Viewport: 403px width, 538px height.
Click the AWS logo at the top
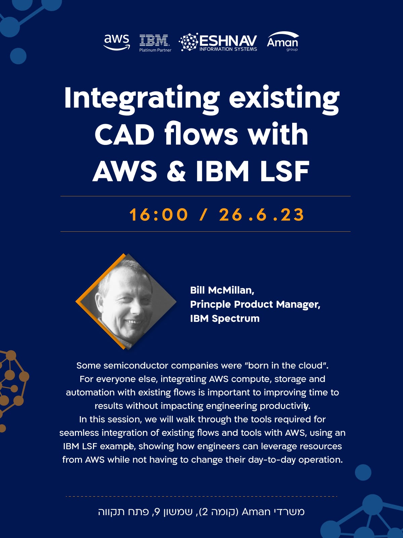[117, 42]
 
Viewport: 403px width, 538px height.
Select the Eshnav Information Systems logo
[218, 42]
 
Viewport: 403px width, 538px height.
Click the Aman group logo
[283, 41]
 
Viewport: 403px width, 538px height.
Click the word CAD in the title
[124, 134]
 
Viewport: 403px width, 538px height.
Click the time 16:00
[158, 215]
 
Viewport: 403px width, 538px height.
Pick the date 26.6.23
[261, 215]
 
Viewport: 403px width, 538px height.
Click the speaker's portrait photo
[126, 302]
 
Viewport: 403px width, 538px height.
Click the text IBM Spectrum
[225, 319]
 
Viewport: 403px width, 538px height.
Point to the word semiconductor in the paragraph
[136, 366]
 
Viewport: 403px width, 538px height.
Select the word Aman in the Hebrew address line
[256, 512]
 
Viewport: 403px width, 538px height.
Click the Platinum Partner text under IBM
[155, 50]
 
